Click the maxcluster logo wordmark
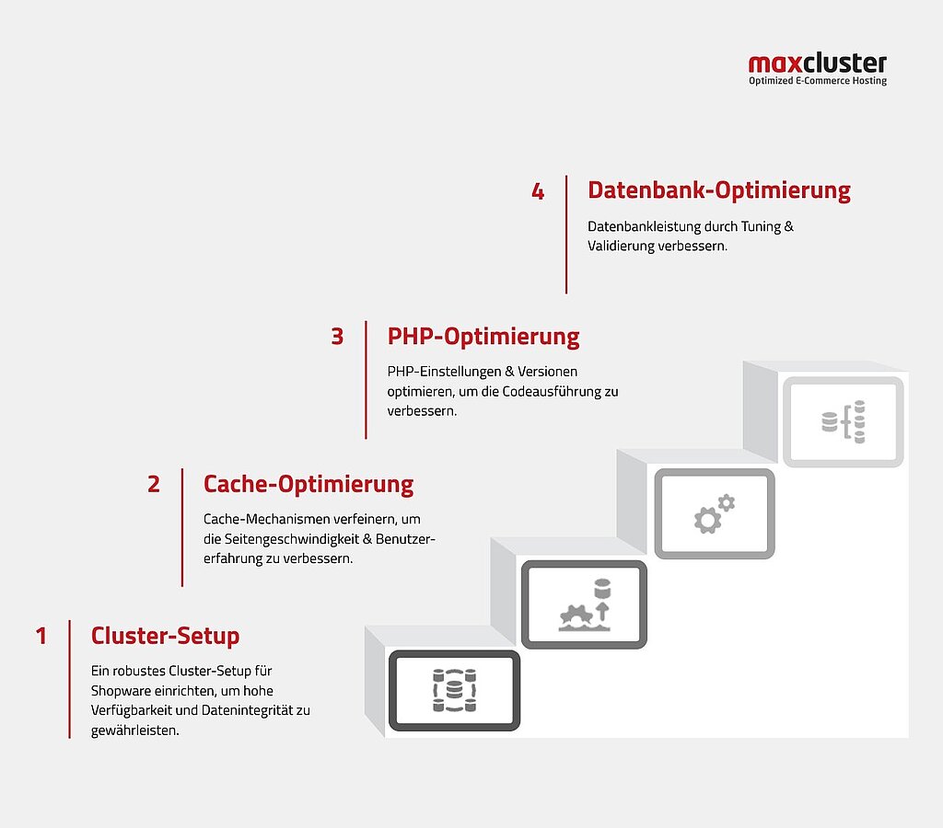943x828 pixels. tap(818, 63)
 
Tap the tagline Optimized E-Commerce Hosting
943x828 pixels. tap(818, 81)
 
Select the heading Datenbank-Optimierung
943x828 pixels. tap(718, 190)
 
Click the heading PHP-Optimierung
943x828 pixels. tap(483, 337)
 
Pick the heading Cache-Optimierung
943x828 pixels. tap(309, 484)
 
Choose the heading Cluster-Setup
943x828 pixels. tap(166, 636)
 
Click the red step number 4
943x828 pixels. tap(538, 191)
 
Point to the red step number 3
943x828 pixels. tap(337, 337)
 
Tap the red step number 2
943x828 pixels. tap(154, 484)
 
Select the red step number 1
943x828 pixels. tap(41, 636)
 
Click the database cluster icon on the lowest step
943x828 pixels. tap(454, 690)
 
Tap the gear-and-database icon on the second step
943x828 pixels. tap(585, 605)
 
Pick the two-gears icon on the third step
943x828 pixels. tap(715, 513)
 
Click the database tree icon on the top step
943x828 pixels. tap(844, 421)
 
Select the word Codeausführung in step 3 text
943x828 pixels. tap(552, 392)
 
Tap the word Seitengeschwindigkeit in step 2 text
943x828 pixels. tap(292, 539)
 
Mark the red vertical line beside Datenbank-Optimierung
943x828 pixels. tap(566, 235)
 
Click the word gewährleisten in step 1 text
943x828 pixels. tap(134, 730)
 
